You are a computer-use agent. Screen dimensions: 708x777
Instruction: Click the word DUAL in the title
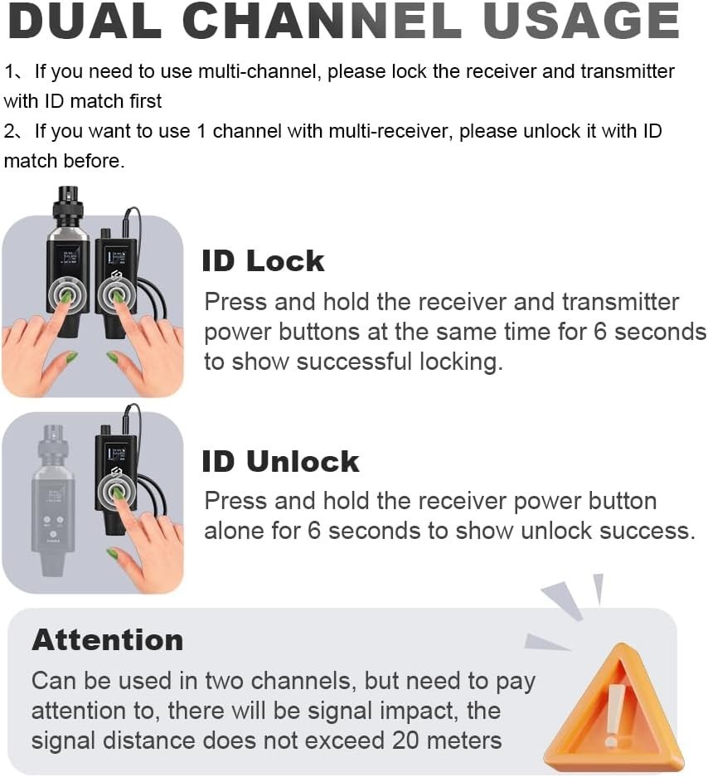click(85, 21)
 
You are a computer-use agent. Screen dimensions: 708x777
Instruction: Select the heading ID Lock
click(263, 260)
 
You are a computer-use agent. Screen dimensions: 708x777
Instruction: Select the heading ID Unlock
click(280, 461)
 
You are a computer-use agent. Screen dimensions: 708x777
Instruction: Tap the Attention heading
click(108, 639)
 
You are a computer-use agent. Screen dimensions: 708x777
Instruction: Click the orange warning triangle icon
click(613, 710)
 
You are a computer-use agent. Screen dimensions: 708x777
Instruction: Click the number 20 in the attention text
click(405, 741)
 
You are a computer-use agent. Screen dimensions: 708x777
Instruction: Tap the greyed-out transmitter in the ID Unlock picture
click(53, 501)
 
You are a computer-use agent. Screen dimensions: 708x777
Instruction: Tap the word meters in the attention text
click(464, 741)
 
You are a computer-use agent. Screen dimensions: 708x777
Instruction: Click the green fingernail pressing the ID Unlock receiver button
click(118, 492)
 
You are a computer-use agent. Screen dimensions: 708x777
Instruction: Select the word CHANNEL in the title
click(322, 21)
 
